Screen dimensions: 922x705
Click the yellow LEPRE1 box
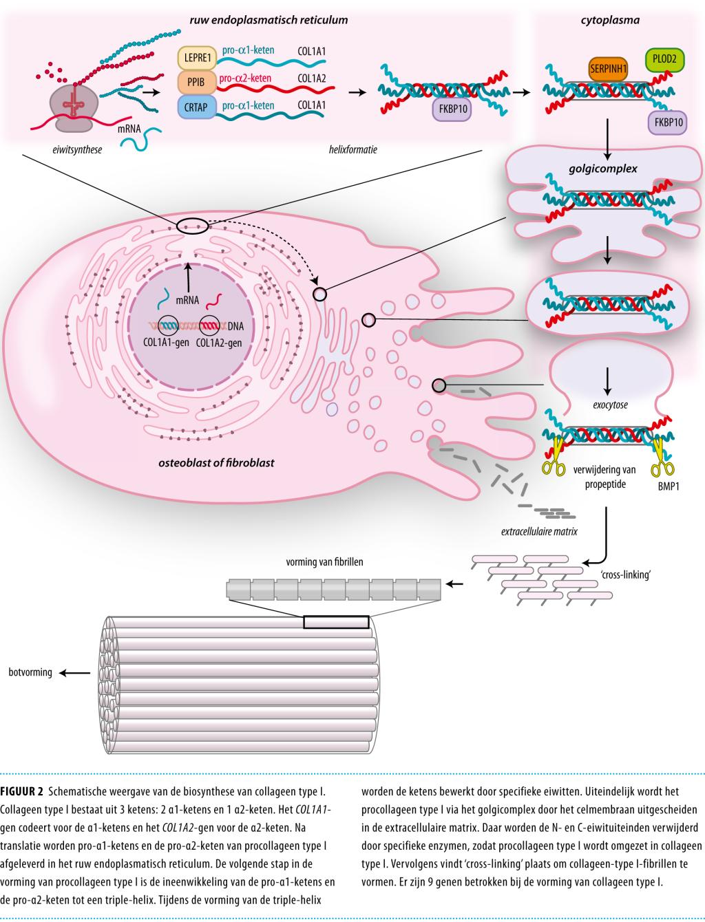click(x=198, y=56)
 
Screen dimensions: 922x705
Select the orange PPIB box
click(x=198, y=81)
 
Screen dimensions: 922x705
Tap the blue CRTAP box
click(x=198, y=106)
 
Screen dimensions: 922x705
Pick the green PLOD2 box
click(x=664, y=60)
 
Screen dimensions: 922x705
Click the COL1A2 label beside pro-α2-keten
click(x=312, y=78)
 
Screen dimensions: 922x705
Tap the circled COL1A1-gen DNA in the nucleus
click(x=169, y=323)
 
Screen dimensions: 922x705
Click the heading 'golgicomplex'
click(x=607, y=168)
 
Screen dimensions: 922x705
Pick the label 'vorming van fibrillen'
click(x=324, y=562)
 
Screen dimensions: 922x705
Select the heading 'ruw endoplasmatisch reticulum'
click(x=269, y=20)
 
